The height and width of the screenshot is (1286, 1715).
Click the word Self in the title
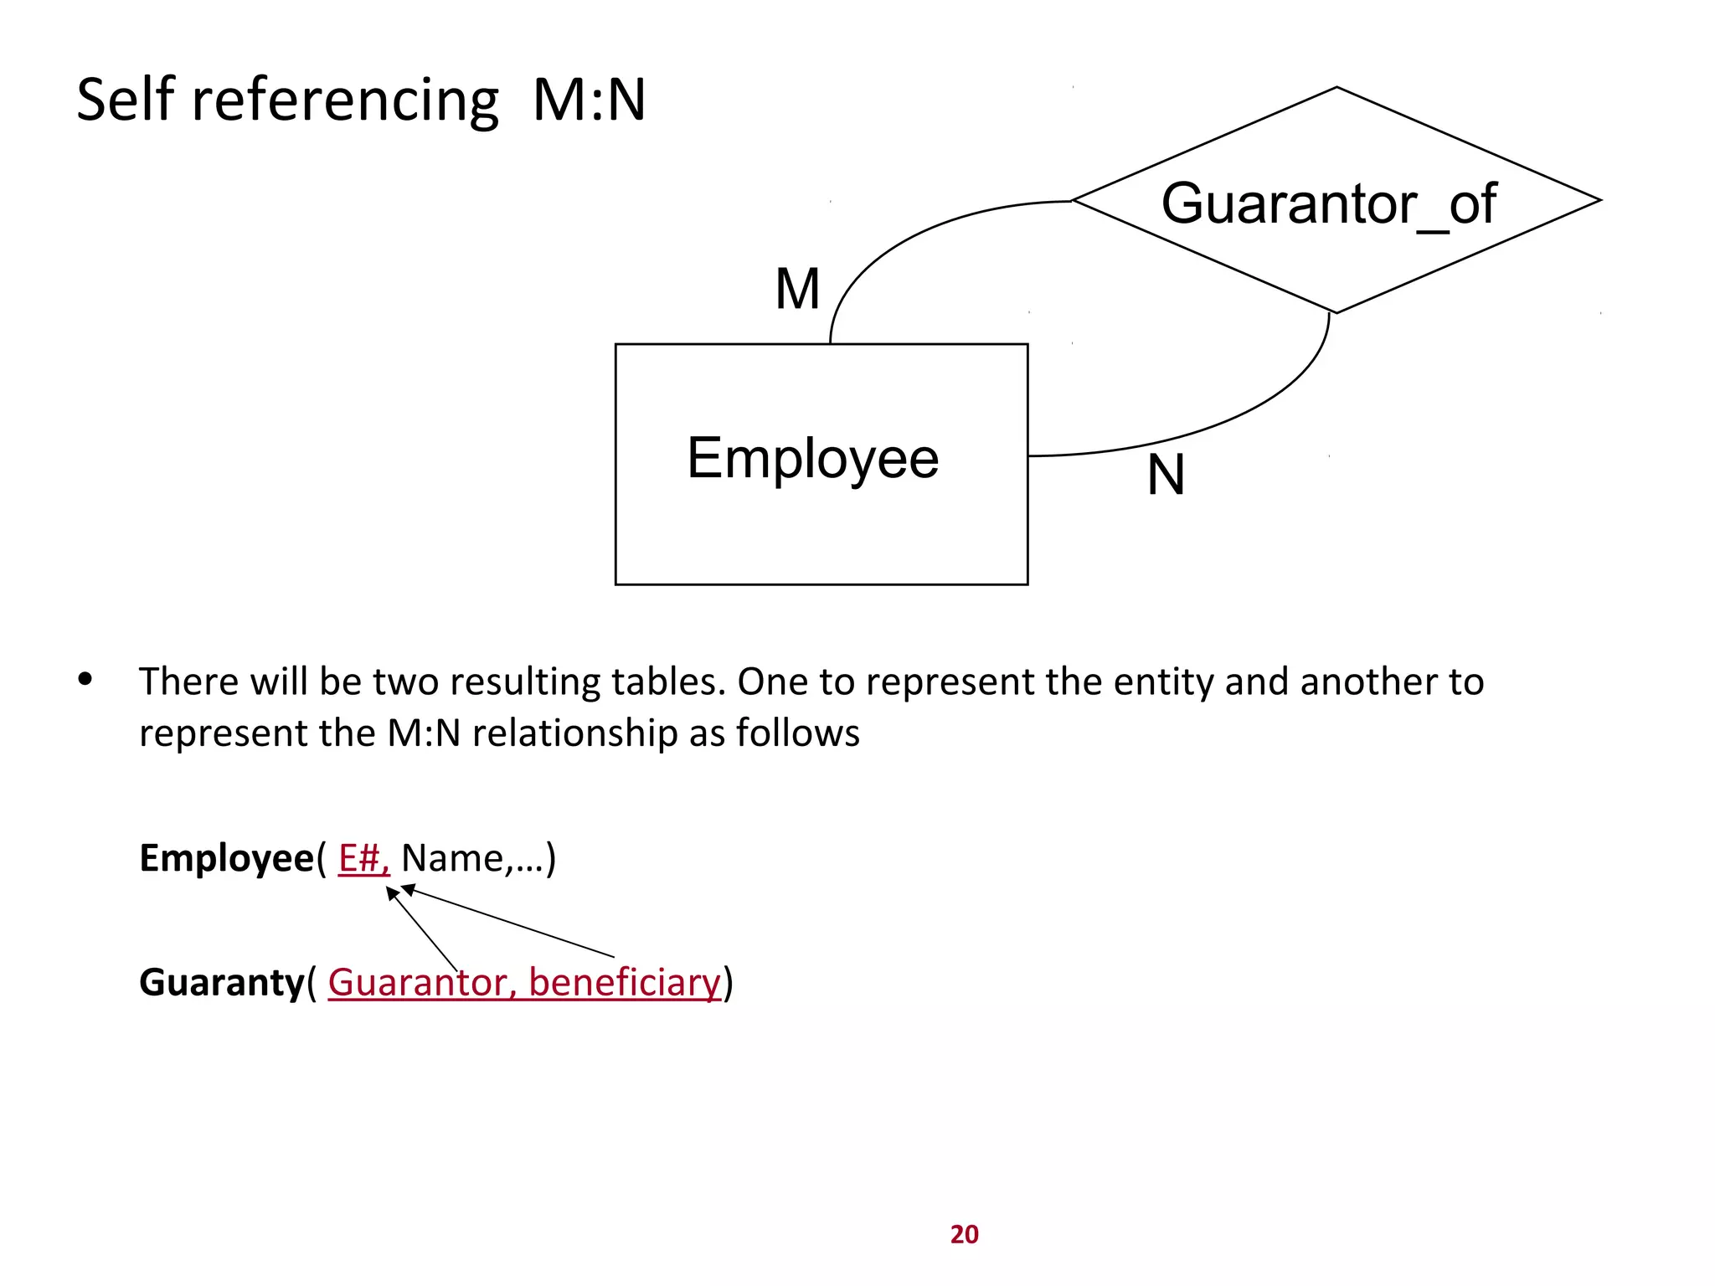(126, 100)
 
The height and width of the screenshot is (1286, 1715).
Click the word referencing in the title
(345, 101)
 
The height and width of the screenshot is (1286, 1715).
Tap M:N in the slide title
(589, 100)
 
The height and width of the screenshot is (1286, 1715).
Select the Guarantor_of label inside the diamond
(1328, 203)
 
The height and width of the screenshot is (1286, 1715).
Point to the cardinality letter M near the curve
(797, 290)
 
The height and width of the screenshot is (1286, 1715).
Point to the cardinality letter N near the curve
(1166, 475)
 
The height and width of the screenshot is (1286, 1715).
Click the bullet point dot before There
(85, 679)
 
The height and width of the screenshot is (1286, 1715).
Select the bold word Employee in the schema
(226, 858)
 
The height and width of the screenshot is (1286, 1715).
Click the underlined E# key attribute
(363, 858)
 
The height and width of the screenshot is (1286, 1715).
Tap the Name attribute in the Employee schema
(452, 858)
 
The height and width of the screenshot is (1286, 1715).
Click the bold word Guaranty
(221, 982)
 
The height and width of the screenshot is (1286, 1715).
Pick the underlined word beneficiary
(625, 982)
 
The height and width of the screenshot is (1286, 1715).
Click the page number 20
(964, 1234)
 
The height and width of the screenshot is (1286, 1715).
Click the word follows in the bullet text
(797, 733)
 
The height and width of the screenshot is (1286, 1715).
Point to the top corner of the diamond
(1336, 88)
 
